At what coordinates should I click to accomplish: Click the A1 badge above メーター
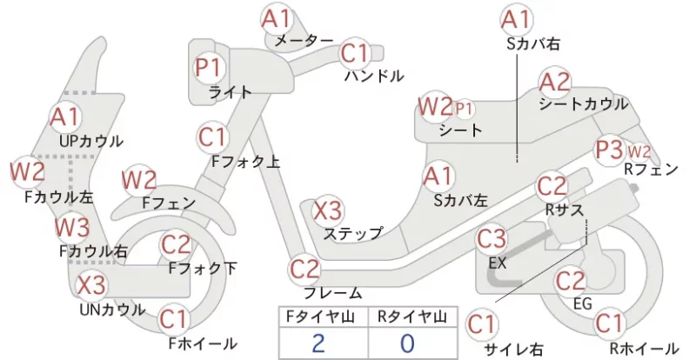click(x=276, y=18)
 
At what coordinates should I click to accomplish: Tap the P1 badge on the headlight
click(x=208, y=68)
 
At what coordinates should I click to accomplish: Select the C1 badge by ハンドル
click(x=355, y=54)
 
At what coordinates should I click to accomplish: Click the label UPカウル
click(x=91, y=141)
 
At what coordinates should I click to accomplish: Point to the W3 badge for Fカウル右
click(x=72, y=227)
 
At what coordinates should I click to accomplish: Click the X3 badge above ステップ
click(x=328, y=210)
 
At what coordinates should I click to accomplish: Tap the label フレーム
click(x=332, y=293)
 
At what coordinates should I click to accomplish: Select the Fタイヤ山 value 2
click(x=318, y=343)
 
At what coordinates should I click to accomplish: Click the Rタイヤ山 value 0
click(x=407, y=343)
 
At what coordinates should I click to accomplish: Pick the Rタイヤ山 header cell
click(x=412, y=317)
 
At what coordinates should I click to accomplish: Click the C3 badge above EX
click(x=492, y=239)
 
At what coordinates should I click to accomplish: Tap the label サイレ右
click(x=513, y=349)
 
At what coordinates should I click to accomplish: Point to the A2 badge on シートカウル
click(x=554, y=82)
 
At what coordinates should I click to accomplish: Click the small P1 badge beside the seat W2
click(x=464, y=109)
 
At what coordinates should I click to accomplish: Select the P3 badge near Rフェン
click(x=610, y=150)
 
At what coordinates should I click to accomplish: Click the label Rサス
click(x=564, y=210)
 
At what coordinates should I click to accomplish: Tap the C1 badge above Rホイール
click(x=608, y=323)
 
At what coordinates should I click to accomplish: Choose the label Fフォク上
click(x=246, y=162)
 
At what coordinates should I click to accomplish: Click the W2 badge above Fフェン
click(x=139, y=181)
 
